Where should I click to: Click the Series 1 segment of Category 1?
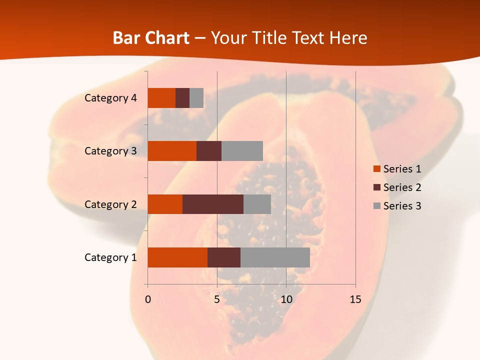[x=177, y=257]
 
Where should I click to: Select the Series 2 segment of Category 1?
[x=224, y=257]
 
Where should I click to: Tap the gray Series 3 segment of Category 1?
[x=275, y=257]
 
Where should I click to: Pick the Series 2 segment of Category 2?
[x=213, y=204]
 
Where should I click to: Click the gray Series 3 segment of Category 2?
[x=257, y=204]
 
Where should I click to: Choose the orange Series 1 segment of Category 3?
[x=172, y=151]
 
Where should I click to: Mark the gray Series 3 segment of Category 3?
[x=242, y=151]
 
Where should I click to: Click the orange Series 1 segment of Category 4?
[x=161, y=98]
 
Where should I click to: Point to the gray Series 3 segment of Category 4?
[x=196, y=98]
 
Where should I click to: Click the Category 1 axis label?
[x=110, y=257]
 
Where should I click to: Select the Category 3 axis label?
[x=110, y=151]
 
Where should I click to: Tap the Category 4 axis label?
[x=110, y=98]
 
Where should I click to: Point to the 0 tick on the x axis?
[x=148, y=299]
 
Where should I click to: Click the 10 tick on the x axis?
[x=286, y=299]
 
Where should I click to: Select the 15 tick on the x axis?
[x=355, y=299]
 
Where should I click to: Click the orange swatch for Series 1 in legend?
[x=376, y=169]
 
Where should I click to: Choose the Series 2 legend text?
[x=402, y=187]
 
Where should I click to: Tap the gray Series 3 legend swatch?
[x=376, y=206]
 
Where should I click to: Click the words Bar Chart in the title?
[x=151, y=38]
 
